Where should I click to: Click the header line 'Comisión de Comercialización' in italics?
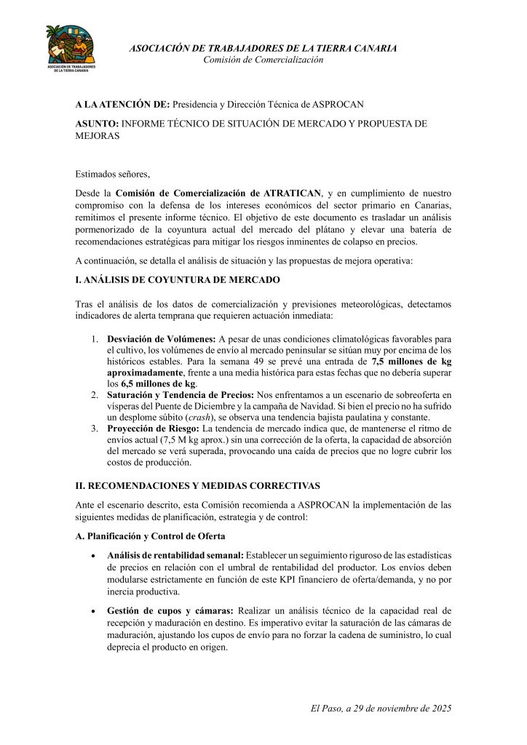(263, 60)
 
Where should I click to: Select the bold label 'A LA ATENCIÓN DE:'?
(122, 105)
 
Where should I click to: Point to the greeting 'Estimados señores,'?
(113, 174)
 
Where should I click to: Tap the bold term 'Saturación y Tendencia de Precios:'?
(181, 394)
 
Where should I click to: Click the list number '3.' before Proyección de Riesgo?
(95, 429)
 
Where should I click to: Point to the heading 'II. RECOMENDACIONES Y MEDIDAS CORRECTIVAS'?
(197, 485)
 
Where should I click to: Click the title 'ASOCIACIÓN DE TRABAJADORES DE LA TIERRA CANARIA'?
(263, 48)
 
